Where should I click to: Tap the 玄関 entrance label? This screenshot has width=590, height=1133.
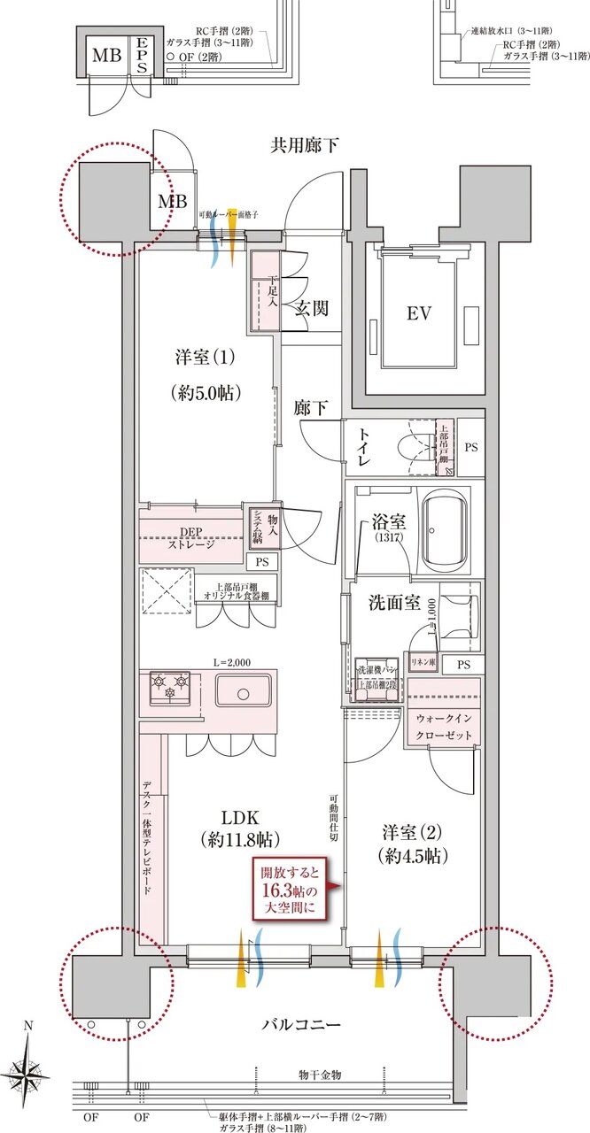click(312, 308)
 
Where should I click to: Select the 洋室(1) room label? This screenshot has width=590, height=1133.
click(205, 358)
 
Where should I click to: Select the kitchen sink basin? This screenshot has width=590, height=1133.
click(243, 690)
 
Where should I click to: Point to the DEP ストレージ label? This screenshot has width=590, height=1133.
click(191, 538)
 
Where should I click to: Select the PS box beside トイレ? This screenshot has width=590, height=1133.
click(470, 447)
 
